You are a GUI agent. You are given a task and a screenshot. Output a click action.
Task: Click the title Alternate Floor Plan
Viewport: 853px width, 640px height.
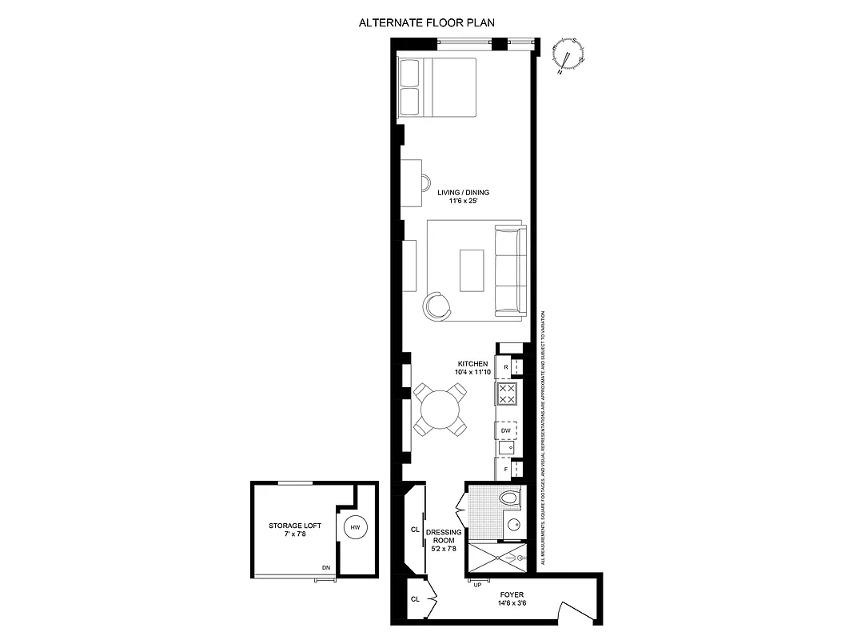pyautogui.click(x=426, y=23)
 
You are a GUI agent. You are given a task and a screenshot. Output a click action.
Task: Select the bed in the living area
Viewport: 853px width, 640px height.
pyautogui.click(x=437, y=88)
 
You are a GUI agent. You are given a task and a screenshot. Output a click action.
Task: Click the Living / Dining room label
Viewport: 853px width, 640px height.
pyautogui.click(x=463, y=197)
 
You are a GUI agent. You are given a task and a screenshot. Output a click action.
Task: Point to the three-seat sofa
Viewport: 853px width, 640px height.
pyautogui.click(x=510, y=270)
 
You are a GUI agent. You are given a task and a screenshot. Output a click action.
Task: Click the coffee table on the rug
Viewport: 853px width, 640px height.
pyautogui.click(x=472, y=270)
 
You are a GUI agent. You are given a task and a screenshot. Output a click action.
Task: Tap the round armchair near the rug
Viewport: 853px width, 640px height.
pyautogui.click(x=437, y=305)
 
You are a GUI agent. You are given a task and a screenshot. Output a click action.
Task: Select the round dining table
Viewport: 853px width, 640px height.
pyautogui.click(x=440, y=409)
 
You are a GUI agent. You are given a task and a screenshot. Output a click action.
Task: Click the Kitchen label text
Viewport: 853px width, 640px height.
pyautogui.click(x=472, y=368)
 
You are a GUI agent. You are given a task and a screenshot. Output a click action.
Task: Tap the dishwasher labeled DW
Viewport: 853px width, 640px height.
pyautogui.click(x=506, y=430)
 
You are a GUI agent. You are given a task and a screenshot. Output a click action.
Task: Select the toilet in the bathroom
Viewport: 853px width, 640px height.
pyautogui.click(x=508, y=498)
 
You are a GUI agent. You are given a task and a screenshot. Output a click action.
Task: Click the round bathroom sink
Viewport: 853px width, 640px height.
pyautogui.click(x=512, y=526)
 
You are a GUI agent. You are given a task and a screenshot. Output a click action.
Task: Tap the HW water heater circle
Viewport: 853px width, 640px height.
pyautogui.click(x=354, y=528)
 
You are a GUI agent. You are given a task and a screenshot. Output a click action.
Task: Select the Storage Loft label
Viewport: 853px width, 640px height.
pyautogui.click(x=295, y=529)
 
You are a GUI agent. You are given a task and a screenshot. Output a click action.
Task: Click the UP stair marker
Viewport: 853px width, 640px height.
pyautogui.click(x=478, y=585)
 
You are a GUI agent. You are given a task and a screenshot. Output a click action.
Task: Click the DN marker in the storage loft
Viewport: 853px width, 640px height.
pyautogui.click(x=326, y=567)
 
